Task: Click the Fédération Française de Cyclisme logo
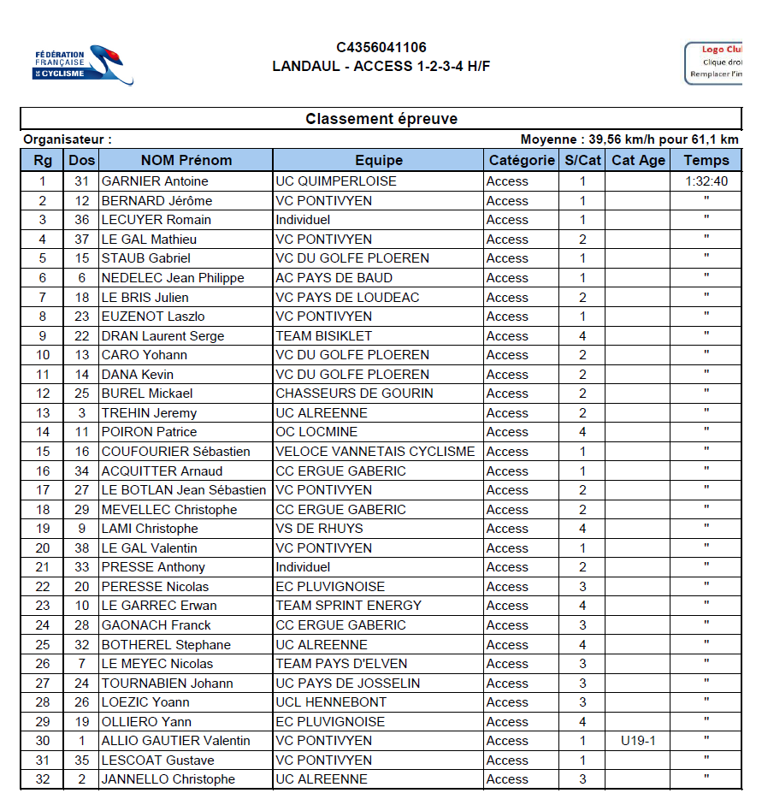(83, 65)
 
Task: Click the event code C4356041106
(381, 48)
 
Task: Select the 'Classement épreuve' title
(381, 119)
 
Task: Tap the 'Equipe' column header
(378, 160)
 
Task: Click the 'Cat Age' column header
(638, 160)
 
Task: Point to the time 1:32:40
(706, 181)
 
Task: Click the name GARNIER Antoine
(155, 181)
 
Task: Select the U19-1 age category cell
(638, 741)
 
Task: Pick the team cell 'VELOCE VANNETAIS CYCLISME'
(375, 452)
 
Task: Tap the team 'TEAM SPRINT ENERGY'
(348, 606)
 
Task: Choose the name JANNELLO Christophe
(168, 779)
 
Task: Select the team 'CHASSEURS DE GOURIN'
(354, 394)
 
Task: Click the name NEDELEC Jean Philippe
(173, 278)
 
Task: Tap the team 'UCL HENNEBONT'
(331, 702)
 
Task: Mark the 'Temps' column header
(706, 160)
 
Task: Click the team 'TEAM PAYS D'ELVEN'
(341, 664)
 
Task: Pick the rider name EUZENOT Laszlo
(153, 317)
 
